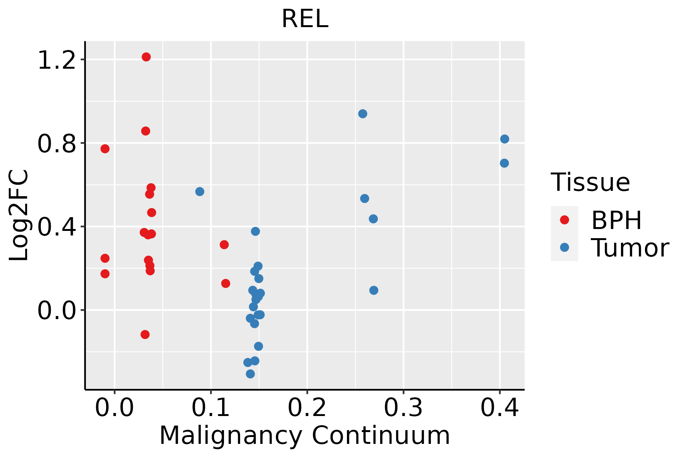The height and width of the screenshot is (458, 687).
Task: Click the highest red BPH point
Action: pyautogui.click(x=146, y=57)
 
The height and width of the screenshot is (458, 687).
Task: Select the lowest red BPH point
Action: pyautogui.click(x=145, y=334)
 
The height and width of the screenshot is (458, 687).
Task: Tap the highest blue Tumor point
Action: pyautogui.click(x=363, y=114)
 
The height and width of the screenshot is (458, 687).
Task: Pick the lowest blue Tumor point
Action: pyautogui.click(x=250, y=374)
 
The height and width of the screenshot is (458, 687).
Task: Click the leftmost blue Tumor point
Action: pyautogui.click(x=200, y=192)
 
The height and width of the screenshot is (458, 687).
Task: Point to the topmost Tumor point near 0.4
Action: pyautogui.click(x=505, y=139)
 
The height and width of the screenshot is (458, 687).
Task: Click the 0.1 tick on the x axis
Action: pyautogui.click(x=211, y=408)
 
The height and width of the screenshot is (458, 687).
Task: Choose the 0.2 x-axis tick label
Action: pyautogui.click(x=307, y=408)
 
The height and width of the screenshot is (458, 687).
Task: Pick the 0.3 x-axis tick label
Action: pyautogui.click(x=403, y=408)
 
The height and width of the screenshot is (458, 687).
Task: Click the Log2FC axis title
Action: pyautogui.click(x=19, y=215)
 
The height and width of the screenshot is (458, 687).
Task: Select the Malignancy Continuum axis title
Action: pyautogui.click(x=305, y=435)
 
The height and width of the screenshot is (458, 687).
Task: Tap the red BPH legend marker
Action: pyautogui.click(x=564, y=219)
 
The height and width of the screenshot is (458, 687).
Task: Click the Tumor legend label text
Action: pyautogui.click(x=630, y=248)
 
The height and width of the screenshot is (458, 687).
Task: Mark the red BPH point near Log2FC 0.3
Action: pyautogui.click(x=224, y=245)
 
